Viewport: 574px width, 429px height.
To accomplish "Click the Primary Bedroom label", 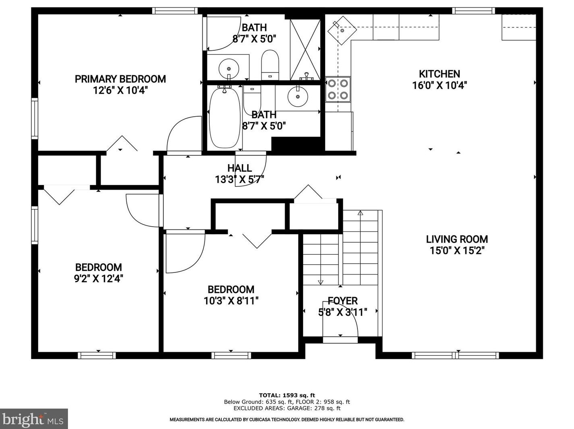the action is click(x=120, y=79).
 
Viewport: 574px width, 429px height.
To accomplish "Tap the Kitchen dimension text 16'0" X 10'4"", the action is click(x=439, y=85).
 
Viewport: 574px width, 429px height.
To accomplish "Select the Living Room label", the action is click(x=457, y=239).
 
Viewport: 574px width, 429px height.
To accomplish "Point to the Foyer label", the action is click(x=343, y=301).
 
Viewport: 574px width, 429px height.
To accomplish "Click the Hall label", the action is click(x=240, y=168).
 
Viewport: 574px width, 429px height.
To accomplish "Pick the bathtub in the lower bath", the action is click(x=225, y=118).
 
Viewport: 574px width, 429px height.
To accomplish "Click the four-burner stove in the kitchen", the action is click(x=338, y=89).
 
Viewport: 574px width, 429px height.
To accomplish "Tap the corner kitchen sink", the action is click(x=342, y=30).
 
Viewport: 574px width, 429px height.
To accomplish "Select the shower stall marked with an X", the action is click(x=305, y=49).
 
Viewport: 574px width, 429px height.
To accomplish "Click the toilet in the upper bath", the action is click(x=270, y=65).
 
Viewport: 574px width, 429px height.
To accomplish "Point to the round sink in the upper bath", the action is click(x=229, y=69).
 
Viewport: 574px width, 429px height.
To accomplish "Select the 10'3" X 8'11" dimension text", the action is click(x=231, y=301).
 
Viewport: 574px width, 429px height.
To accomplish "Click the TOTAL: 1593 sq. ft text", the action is click(x=287, y=395).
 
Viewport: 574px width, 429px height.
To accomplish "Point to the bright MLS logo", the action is click(x=34, y=419).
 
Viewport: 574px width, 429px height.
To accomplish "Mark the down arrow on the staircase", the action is click(x=320, y=283).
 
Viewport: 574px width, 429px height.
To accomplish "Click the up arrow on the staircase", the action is click(x=360, y=213).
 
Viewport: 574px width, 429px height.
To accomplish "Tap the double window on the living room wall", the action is click(x=455, y=355).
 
